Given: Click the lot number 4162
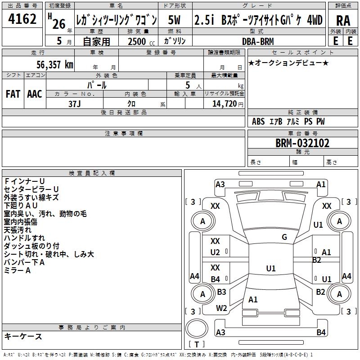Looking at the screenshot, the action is (22, 19).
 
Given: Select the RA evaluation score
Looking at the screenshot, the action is (343, 20).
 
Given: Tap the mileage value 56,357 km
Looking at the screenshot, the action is (50, 65).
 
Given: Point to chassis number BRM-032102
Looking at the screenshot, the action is (302, 143).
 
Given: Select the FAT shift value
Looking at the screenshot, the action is (13, 94).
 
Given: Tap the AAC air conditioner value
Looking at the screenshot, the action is (35, 94).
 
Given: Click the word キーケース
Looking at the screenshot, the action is (23, 337).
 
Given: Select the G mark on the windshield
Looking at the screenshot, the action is (284, 237).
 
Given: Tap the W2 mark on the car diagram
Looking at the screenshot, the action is (221, 308).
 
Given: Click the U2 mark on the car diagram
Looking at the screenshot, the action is (215, 252).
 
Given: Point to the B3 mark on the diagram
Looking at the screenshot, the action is (221, 292).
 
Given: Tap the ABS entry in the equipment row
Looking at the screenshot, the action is (258, 121).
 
